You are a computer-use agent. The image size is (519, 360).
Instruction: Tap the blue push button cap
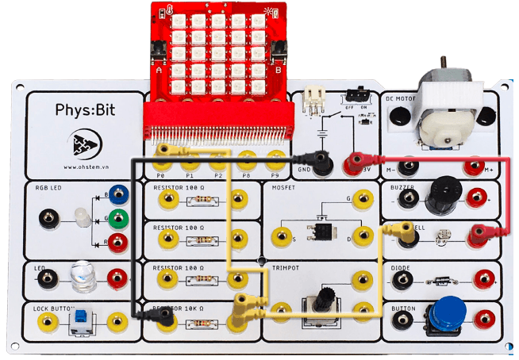448,311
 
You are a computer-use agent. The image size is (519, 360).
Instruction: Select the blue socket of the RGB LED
119,193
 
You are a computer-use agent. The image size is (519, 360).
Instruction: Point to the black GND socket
322,165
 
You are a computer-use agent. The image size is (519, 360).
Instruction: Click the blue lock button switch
81,320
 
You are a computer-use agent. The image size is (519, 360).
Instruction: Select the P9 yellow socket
275,155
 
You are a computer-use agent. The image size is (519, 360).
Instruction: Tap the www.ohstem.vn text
83,167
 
